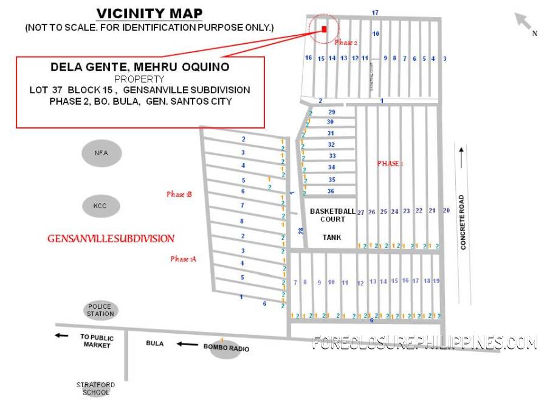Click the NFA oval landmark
(x=101, y=153)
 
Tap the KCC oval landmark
(x=100, y=206)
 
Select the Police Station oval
(x=100, y=310)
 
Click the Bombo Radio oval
(x=225, y=348)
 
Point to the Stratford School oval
(x=95, y=388)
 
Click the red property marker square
(x=324, y=29)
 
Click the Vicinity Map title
(x=149, y=13)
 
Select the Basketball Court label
(x=332, y=215)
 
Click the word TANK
(x=332, y=237)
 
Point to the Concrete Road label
(x=463, y=222)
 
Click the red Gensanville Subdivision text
(x=111, y=239)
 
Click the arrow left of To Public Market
(x=61, y=335)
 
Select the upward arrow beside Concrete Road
(x=462, y=158)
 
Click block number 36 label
(x=331, y=191)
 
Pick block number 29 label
(x=331, y=112)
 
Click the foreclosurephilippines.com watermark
(x=425, y=343)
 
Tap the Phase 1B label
(x=179, y=194)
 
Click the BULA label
(x=155, y=343)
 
